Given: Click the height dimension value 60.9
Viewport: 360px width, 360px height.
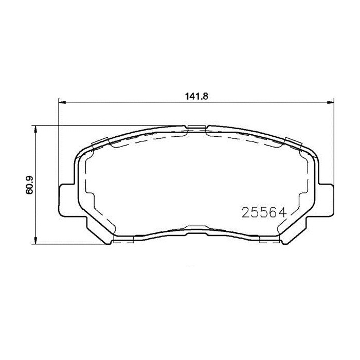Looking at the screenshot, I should (29, 185).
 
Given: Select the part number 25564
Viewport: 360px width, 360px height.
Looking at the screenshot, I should (263, 212).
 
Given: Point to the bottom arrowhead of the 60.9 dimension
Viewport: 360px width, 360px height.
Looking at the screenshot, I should (36, 241).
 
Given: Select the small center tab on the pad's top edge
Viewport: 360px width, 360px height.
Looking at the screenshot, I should (196, 129).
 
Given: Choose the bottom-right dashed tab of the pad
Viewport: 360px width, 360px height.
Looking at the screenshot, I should (269, 239).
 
